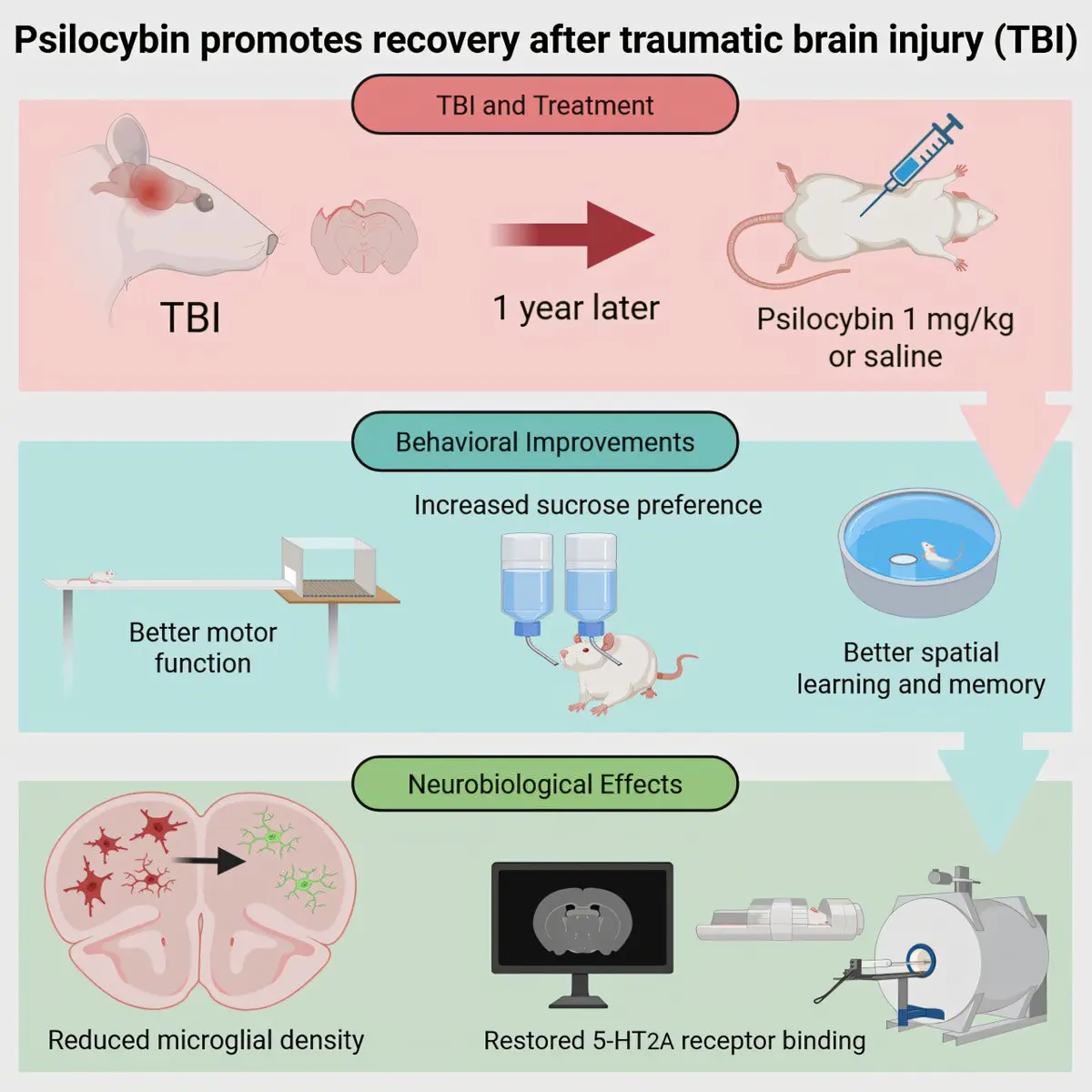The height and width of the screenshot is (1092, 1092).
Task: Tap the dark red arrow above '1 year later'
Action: pyautogui.click(x=572, y=234)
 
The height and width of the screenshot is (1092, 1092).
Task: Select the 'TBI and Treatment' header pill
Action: pyautogui.click(x=545, y=105)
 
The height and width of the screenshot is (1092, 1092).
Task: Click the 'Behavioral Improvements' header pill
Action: pyautogui.click(x=545, y=442)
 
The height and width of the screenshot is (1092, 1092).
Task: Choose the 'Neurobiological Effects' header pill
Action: pyautogui.click(x=545, y=784)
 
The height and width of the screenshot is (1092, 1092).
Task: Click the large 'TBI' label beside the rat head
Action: pyautogui.click(x=190, y=318)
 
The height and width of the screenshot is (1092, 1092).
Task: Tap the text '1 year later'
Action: pyautogui.click(x=576, y=308)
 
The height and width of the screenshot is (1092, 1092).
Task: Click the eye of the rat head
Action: pyautogui.click(x=205, y=200)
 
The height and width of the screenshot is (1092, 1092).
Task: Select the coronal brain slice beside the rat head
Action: pyautogui.click(x=364, y=237)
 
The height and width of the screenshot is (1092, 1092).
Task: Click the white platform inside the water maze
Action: pyautogui.click(x=904, y=560)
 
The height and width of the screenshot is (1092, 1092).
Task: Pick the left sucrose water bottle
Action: pyautogui.click(x=527, y=583)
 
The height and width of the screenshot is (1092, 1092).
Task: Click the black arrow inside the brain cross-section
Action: pyautogui.click(x=208, y=862)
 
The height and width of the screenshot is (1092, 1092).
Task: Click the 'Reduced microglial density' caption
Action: pyautogui.click(x=206, y=1040)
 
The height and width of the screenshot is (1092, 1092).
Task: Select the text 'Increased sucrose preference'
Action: pyautogui.click(x=588, y=505)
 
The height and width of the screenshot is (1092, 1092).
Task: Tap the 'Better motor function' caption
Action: pyautogui.click(x=203, y=648)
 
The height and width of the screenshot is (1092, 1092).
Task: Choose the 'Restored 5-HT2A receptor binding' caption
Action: pyautogui.click(x=674, y=1041)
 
